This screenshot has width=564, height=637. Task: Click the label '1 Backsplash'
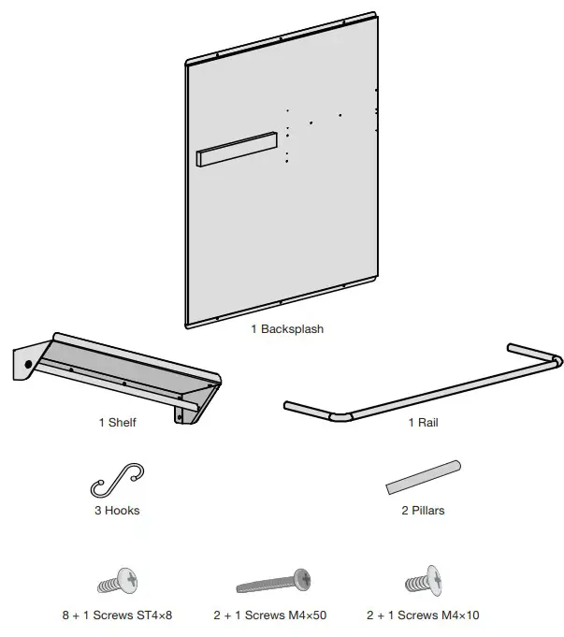click(286, 329)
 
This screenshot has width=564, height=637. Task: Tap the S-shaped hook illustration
click(117, 481)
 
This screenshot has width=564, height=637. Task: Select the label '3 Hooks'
click(117, 511)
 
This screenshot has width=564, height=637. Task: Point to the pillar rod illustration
click(424, 476)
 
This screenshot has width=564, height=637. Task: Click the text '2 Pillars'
click(422, 511)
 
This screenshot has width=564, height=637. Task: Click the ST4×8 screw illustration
click(117, 582)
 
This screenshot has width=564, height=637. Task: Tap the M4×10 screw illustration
click(423, 582)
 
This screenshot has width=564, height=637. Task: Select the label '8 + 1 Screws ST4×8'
click(117, 615)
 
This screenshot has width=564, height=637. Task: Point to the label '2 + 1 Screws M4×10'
click(423, 615)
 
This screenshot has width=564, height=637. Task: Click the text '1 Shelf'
click(117, 422)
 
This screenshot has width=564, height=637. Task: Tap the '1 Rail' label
click(423, 422)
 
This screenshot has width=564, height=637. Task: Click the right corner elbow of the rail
click(557, 359)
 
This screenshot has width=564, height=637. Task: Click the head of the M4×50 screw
click(301, 577)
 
